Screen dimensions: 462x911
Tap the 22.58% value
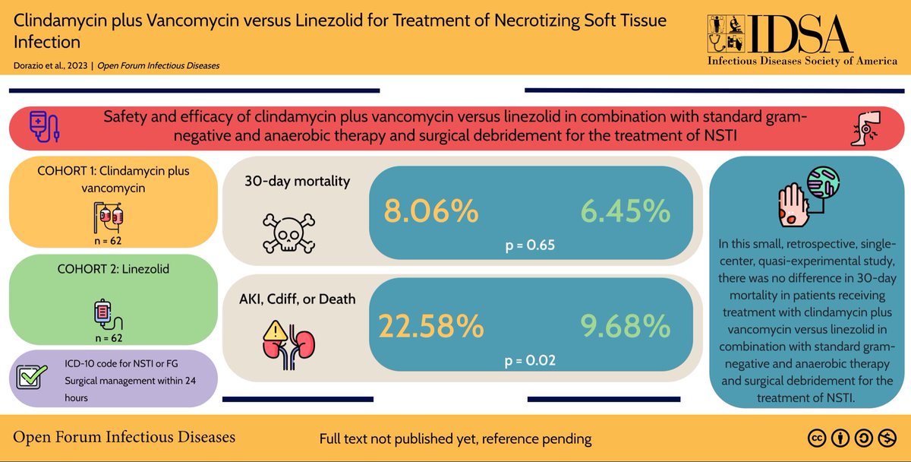coord(431,327)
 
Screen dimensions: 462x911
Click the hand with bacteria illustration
coord(807,197)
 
